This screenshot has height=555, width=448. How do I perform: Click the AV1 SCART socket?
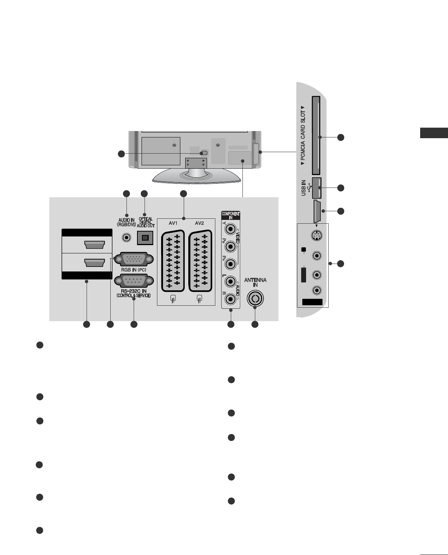pyautogui.click(x=172, y=261)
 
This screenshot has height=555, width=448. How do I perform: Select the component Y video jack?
pyautogui.click(x=230, y=230)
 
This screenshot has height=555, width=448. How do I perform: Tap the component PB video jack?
pyautogui.click(x=230, y=246)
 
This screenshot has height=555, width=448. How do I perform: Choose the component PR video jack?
pyautogui.click(x=230, y=263)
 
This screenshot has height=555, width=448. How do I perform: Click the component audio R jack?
pyautogui.click(x=230, y=299)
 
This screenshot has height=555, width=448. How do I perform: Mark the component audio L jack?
pyautogui.click(x=230, y=282)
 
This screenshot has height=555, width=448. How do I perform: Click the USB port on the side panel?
pyautogui.click(x=316, y=188)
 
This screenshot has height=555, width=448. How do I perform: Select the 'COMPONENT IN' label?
pyautogui.click(x=230, y=215)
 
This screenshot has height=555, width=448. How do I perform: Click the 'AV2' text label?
pyautogui.click(x=199, y=223)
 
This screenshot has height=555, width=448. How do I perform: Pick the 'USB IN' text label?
pyautogui.click(x=304, y=188)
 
